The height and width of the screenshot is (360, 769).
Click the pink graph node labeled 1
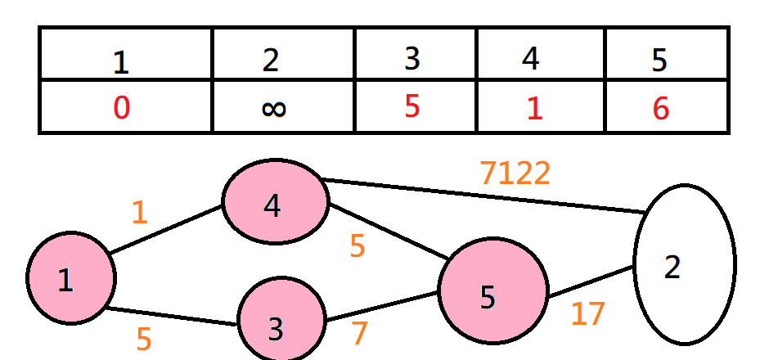click(70, 278)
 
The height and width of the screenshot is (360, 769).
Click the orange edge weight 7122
click(515, 173)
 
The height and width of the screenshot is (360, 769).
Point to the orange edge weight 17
click(587, 314)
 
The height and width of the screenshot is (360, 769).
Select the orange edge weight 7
click(360, 334)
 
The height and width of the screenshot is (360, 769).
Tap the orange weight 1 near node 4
click(139, 213)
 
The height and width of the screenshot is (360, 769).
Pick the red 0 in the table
click(121, 107)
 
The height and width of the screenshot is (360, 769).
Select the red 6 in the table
click(661, 108)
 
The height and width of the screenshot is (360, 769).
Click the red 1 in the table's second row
click(533, 108)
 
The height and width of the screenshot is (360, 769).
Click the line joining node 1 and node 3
click(172, 316)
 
